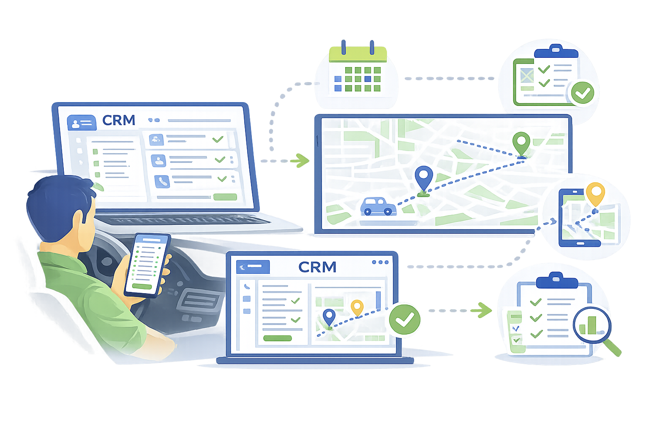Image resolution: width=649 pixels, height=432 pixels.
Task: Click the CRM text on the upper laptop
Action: (119, 120)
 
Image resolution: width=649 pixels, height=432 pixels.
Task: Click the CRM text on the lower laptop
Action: (317, 267)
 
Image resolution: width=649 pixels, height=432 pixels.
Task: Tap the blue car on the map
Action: (378, 206)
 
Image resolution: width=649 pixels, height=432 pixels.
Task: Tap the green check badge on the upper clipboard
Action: (582, 93)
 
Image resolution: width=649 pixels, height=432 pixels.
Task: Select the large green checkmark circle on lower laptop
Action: (404, 319)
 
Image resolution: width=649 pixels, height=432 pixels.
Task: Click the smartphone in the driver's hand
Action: (147, 265)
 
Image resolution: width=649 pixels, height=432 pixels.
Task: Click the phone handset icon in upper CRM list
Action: (162, 181)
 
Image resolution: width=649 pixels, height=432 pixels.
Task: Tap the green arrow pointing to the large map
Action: (301, 160)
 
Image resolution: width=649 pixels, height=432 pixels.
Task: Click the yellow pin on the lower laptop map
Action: (357, 307)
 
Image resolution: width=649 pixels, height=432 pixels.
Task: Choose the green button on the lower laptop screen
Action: (277, 338)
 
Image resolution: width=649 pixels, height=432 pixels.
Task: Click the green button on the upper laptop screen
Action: (225, 197)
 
